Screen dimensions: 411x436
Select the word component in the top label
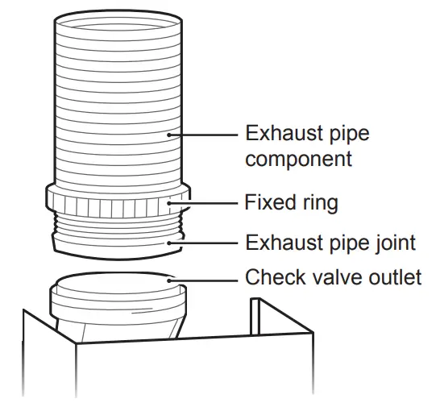(x=298, y=159)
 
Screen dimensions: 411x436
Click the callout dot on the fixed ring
(x=169, y=203)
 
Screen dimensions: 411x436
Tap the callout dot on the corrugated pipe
(x=169, y=134)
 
